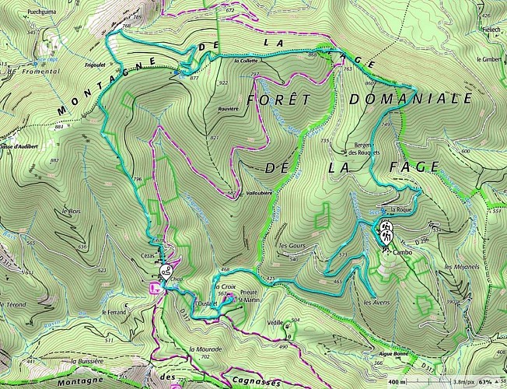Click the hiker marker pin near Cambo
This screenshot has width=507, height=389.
(x=386, y=231)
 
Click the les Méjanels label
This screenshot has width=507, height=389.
(x=461, y=267)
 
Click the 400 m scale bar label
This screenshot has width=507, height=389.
(x=396, y=382)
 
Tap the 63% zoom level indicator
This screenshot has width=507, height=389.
(x=485, y=382)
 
